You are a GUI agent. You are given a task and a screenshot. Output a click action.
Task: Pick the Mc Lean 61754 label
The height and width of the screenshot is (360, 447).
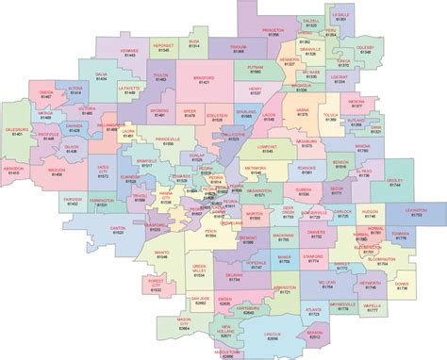[326, 284]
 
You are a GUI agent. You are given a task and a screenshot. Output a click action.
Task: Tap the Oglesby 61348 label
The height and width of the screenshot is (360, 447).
[418, 50]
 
